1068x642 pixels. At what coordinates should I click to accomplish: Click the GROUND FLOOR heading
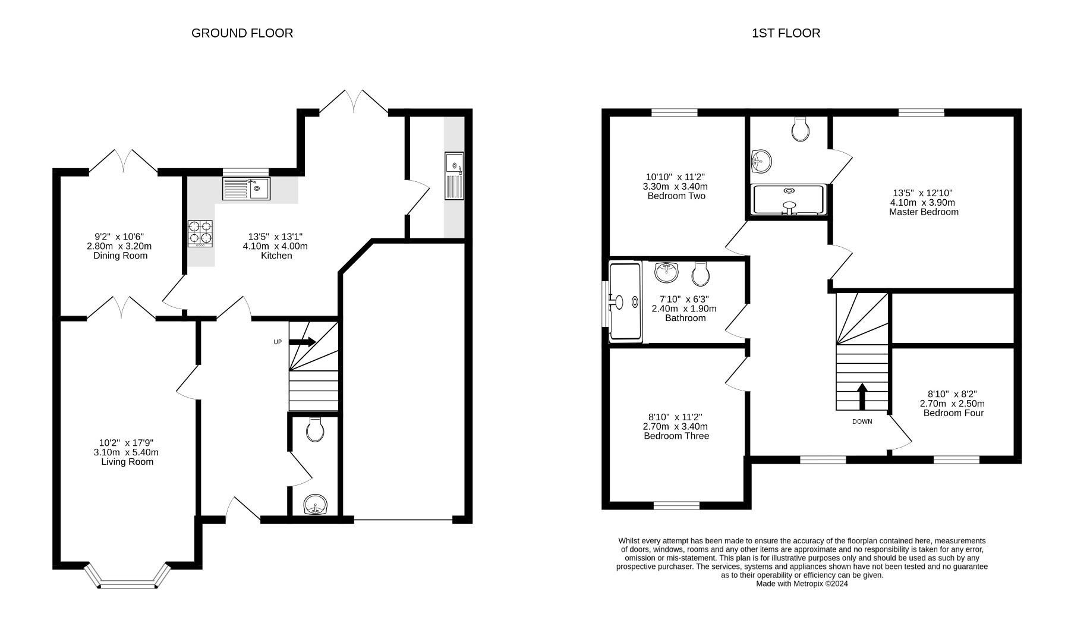[x=242, y=33]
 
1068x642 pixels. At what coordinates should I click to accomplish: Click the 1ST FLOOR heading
[x=786, y=33]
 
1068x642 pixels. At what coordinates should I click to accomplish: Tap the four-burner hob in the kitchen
[x=200, y=234]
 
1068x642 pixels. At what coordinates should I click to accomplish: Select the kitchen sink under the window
[x=246, y=188]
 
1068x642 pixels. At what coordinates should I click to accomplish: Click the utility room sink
[x=454, y=177]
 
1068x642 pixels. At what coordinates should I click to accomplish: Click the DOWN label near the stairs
[x=862, y=421]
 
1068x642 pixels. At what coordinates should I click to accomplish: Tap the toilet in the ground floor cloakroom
[x=315, y=429]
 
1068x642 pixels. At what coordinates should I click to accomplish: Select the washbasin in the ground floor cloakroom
[x=315, y=506]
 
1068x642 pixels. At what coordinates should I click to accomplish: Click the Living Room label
[x=127, y=462]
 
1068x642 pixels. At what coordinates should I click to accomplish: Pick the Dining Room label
[x=120, y=256]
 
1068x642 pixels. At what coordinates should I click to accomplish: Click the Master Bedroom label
[x=924, y=212]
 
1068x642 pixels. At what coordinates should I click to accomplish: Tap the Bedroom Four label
[x=953, y=413]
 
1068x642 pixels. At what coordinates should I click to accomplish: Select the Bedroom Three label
[x=676, y=436]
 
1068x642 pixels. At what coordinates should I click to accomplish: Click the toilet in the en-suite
[x=801, y=129]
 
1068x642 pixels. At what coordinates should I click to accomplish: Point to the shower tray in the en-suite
[x=789, y=200]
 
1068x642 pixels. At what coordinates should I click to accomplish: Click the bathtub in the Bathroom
[x=626, y=302]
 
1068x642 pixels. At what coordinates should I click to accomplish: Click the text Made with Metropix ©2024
[x=802, y=584]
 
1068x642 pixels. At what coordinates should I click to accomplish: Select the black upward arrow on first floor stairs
[x=862, y=396]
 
